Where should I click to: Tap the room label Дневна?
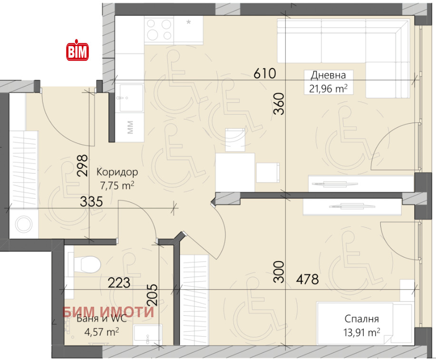point(328,75)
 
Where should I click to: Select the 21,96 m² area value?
point(328,89)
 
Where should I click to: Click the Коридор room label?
point(117,172)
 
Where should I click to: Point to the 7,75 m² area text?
point(117,185)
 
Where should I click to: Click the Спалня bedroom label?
point(361,319)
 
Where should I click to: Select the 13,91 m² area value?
point(362,332)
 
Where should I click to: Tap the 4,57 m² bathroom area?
point(102,332)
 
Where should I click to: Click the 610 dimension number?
point(265,73)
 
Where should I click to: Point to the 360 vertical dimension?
point(279,104)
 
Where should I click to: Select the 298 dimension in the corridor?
point(82,165)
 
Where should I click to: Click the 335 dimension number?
point(91,201)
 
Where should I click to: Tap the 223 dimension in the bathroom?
point(119,283)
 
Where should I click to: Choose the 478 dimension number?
point(307,279)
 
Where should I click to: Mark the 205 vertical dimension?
point(152,295)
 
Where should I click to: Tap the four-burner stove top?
point(159,30)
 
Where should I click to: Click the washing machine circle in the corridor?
point(24,224)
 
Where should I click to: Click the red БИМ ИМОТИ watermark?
point(108,312)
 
